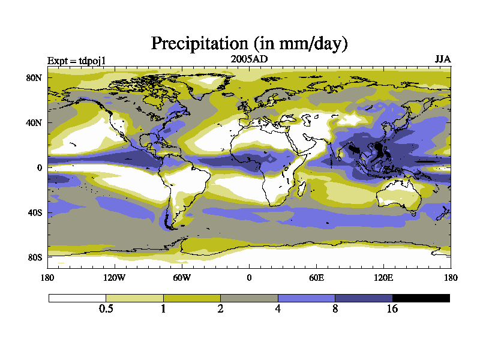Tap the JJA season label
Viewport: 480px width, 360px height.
442,59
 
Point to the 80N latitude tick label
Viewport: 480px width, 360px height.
34,78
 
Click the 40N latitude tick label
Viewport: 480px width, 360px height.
34,123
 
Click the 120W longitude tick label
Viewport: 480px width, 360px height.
115,277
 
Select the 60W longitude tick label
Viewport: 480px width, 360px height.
182,277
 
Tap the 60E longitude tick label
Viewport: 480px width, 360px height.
316,277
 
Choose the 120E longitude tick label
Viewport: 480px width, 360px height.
383,277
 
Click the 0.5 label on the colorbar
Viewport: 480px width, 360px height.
106,309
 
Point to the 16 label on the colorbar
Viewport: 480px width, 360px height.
392,309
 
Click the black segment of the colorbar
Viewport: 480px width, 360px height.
421,298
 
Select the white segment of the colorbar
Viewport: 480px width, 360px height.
77,298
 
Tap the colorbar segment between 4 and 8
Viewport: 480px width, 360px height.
306,298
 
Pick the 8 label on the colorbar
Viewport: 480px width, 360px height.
335,309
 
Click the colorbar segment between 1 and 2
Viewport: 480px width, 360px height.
192,298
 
